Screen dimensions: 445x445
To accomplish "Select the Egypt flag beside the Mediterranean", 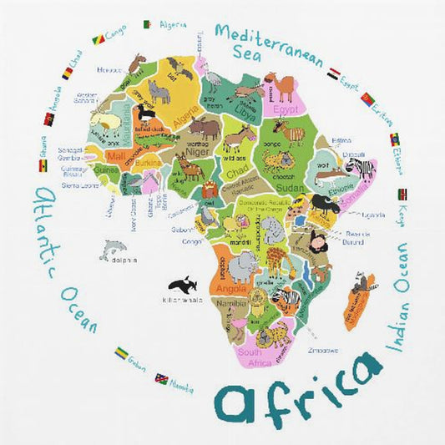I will coord(335,74).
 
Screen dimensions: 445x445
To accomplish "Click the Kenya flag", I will coord(403,195).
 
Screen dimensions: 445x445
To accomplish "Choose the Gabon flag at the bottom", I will coord(122,353).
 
